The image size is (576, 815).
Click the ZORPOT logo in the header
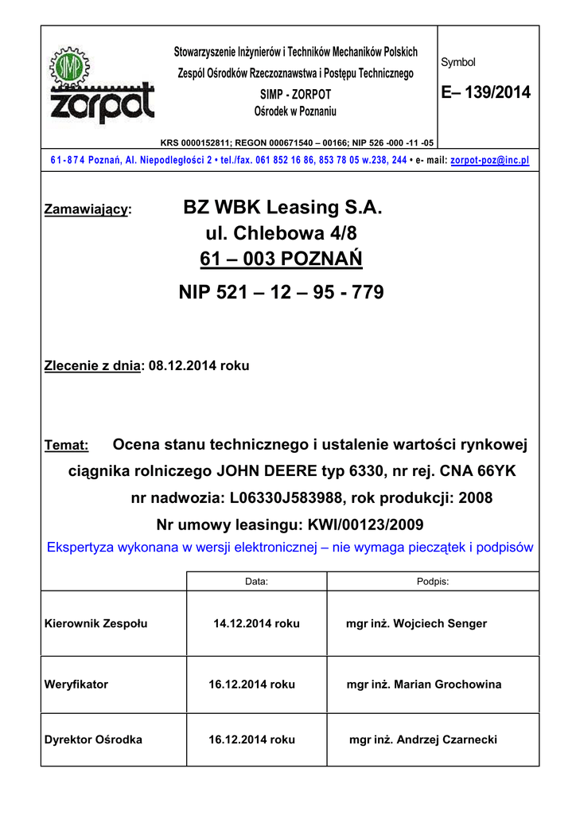(103, 86)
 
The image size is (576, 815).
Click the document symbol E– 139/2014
(485, 93)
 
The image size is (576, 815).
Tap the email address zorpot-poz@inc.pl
(489, 160)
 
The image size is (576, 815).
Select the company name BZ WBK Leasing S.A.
(282, 208)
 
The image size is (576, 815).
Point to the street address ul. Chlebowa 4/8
(282, 234)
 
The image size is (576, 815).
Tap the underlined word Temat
(66, 446)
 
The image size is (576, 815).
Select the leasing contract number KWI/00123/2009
(355, 524)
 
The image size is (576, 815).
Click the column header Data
(256, 582)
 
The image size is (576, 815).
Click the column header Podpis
(433, 582)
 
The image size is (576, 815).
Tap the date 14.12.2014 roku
(256, 623)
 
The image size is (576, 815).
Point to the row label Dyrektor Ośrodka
(93, 739)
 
